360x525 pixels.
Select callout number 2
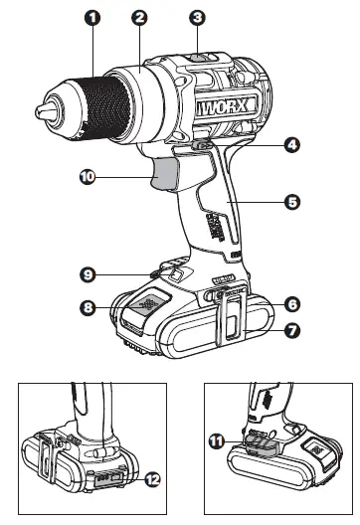[140, 17]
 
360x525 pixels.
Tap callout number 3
[197, 17]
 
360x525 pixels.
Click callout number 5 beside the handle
[291, 202]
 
